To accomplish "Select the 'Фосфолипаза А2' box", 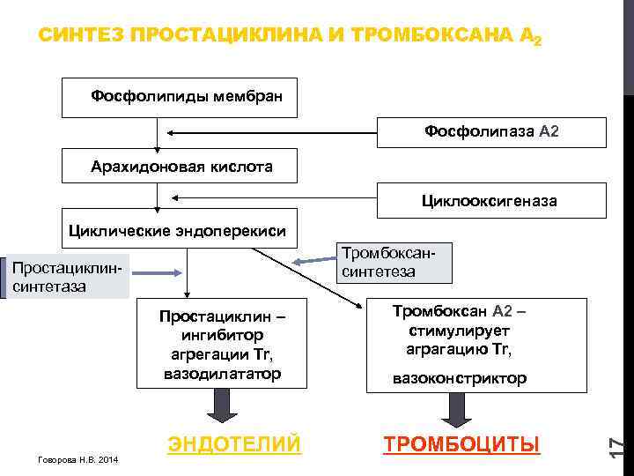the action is (491, 131).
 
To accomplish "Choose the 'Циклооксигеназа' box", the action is (491, 200).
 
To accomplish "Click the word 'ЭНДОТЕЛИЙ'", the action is (234, 443).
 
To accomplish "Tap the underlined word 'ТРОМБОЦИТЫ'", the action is (461, 443).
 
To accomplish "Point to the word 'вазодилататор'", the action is (222, 374).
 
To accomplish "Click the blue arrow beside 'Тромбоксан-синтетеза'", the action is (310, 261).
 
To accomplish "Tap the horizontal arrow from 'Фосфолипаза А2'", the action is (273, 133).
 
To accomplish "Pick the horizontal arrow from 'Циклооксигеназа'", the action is (273, 199).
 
